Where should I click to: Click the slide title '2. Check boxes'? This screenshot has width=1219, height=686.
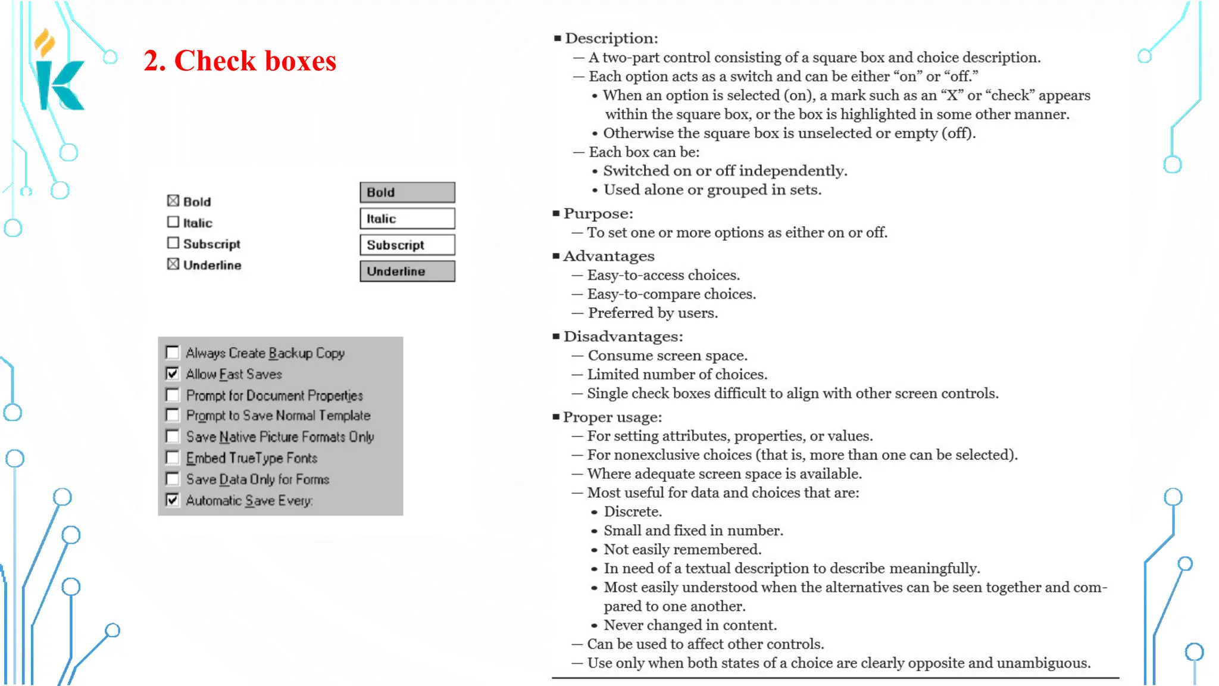240,61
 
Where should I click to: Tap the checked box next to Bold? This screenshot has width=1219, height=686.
173,201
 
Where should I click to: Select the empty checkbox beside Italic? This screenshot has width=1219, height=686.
173,222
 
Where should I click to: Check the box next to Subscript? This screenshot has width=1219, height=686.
173,243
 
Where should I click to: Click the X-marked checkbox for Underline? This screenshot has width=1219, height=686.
173,264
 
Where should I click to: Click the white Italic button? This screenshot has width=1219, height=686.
407,219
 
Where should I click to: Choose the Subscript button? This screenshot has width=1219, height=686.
407,245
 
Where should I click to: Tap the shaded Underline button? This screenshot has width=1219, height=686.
407,271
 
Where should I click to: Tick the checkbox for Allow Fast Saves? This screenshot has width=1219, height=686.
173,374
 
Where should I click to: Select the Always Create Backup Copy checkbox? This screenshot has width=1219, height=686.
173,353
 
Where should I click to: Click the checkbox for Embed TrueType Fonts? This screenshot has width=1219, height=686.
173,457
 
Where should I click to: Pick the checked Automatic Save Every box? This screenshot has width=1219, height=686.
173,500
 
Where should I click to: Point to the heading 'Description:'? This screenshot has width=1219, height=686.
611,38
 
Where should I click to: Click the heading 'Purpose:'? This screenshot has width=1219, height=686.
598,213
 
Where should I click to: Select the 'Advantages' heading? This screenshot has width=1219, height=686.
608,256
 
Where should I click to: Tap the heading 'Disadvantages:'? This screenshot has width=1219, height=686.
623,336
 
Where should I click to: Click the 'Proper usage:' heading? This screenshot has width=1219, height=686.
612,417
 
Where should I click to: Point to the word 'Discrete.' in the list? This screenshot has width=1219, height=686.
633,512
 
